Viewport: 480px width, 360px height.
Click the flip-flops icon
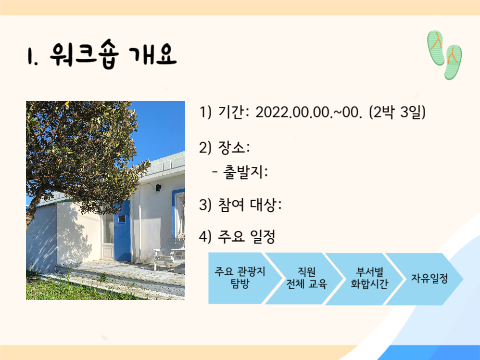444,54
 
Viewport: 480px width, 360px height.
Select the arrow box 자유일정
429,278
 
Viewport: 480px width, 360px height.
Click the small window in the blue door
121,219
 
